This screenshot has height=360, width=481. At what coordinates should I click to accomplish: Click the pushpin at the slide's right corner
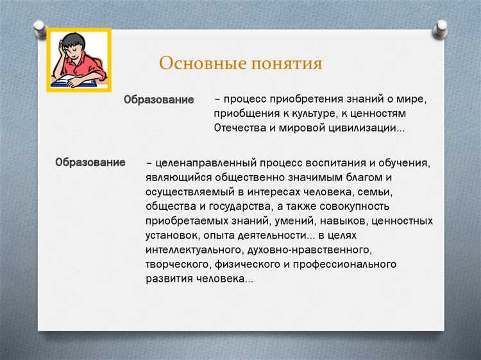click(441, 28)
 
